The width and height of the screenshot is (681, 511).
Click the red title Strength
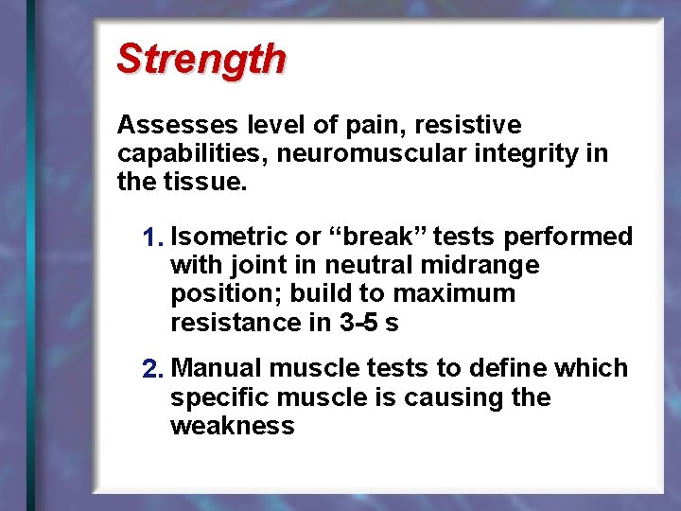201,59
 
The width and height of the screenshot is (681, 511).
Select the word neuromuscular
378,153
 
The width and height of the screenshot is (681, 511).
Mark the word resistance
237,323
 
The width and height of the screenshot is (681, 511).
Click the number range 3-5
359,323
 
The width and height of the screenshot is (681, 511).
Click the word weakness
233,426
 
